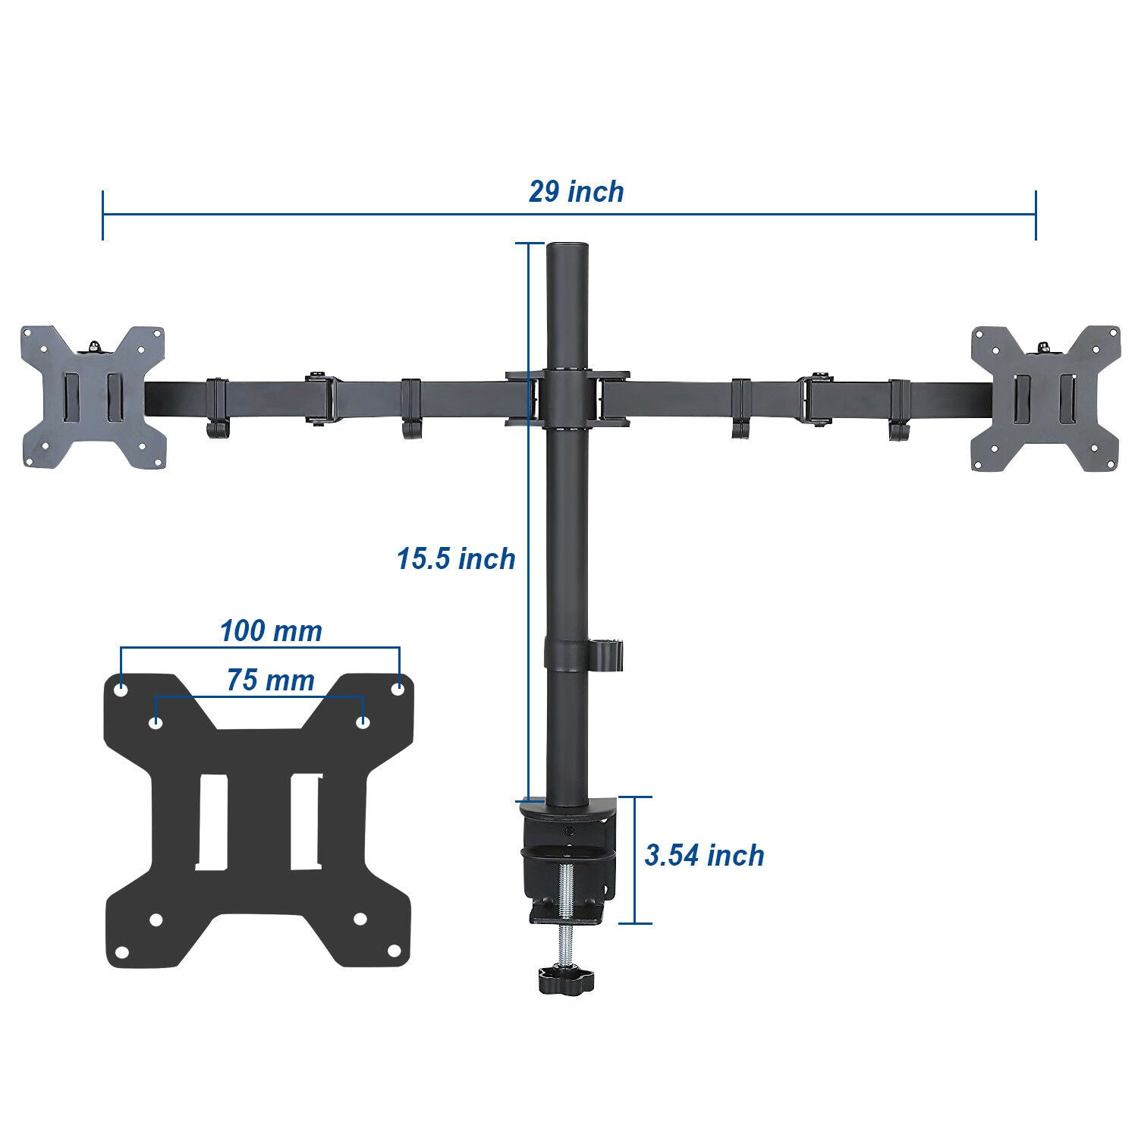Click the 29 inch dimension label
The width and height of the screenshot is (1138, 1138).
[576, 192]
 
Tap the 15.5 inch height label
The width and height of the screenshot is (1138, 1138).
[455, 559]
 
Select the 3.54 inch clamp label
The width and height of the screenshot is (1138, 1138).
[704, 855]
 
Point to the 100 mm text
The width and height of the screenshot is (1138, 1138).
[271, 630]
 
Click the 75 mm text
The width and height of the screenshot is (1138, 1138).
[270, 681]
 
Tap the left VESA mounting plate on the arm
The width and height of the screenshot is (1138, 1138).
[93, 398]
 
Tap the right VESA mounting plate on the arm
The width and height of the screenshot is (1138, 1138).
[1045, 398]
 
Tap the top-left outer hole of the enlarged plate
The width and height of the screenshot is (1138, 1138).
[121, 690]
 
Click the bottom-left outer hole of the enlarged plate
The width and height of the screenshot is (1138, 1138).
[121, 951]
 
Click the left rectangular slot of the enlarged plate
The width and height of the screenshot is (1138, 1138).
[212, 822]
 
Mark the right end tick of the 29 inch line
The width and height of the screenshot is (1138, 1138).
[1036, 215]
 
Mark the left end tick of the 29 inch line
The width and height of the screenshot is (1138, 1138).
[102, 215]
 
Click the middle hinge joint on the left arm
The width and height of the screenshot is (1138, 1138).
[322, 398]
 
